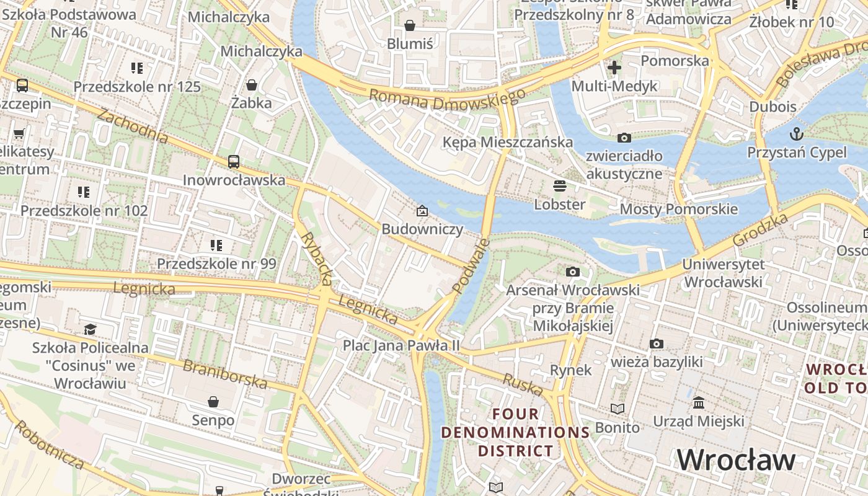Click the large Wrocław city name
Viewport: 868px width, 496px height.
pos(736,460)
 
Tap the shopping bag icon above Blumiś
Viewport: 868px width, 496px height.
pos(409,25)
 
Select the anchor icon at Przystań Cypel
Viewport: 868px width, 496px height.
pos(796,134)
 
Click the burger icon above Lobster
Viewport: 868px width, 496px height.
pos(560,186)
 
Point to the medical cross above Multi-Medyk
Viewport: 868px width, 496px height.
pos(614,68)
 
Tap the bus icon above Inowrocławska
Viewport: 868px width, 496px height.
pos(234,162)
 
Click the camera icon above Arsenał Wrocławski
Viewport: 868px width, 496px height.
pos(573,272)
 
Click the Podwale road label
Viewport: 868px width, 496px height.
pos(471,266)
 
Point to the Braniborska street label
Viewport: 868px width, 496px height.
pos(226,374)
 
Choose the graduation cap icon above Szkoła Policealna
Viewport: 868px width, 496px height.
pos(91,329)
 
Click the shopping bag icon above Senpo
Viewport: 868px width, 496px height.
pos(213,402)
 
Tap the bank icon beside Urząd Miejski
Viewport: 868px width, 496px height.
pos(699,403)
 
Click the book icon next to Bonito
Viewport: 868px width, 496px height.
pos(618,409)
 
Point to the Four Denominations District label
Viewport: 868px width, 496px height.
pos(515,432)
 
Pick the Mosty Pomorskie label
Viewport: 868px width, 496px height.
pos(679,209)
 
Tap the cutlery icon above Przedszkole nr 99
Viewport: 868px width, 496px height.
pos(216,246)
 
